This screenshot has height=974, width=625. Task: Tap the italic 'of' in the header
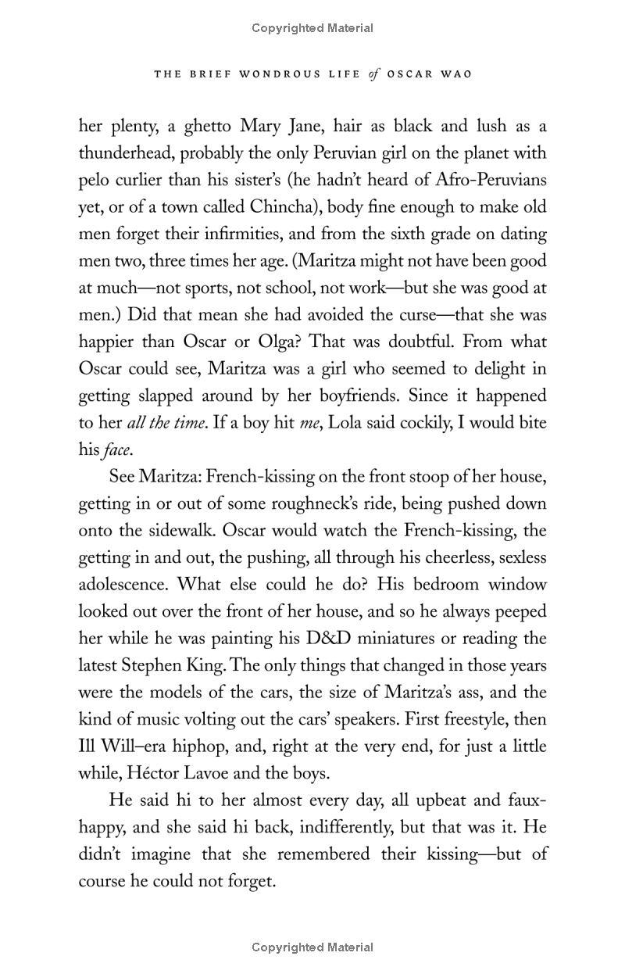click(x=376, y=74)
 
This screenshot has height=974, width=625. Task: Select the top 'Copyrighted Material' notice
click(x=312, y=28)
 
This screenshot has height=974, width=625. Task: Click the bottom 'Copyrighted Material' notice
click(x=312, y=948)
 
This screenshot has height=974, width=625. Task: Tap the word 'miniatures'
click(x=402, y=639)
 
